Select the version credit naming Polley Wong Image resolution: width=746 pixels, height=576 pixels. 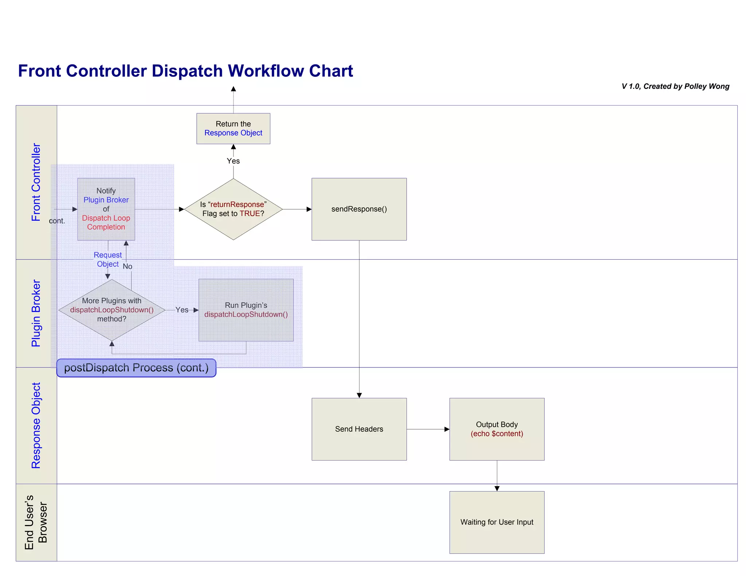pyautogui.click(x=675, y=86)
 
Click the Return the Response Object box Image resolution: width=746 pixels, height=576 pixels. pyautogui.click(x=233, y=129)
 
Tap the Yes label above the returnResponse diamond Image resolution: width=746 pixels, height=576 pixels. pyautogui.click(x=233, y=161)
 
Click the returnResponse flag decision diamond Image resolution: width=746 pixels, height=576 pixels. pyautogui.click(x=233, y=209)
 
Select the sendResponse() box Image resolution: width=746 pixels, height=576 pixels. pyautogui.click(x=359, y=209)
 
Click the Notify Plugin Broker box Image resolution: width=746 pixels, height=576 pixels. pyautogui.click(x=106, y=209)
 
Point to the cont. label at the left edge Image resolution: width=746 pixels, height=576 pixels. pyautogui.click(x=57, y=221)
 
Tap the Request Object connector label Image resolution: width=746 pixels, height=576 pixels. pyautogui.click(x=107, y=259)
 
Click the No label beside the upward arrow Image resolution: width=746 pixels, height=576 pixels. pyautogui.click(x=127, y=267)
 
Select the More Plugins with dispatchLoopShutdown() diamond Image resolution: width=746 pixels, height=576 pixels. pyautogui.click(x=112, y=310)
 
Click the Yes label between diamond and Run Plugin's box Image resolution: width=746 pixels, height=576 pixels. pyautogui.click(x=182, y=310)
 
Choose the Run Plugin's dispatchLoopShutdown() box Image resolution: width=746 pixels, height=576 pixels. pyautogui.click(x=246, y=310)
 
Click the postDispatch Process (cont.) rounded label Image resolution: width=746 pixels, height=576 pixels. pyautogui.click(x=136, y=368)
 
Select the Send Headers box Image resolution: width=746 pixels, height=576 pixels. pyautogui.click(x=359, y=429)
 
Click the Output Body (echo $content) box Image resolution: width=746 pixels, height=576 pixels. pyautogui.click(x=496, y=429)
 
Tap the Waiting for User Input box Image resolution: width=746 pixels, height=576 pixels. pyautogui.click(x=496, y=522)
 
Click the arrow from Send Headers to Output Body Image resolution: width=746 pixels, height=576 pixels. pyautogui.click(x=428, y=429)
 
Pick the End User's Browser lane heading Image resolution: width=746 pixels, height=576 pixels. pyautogui.click(x=36, y=522)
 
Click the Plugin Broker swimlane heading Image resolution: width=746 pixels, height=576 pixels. pyautogui.click(x=36, y=313)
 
